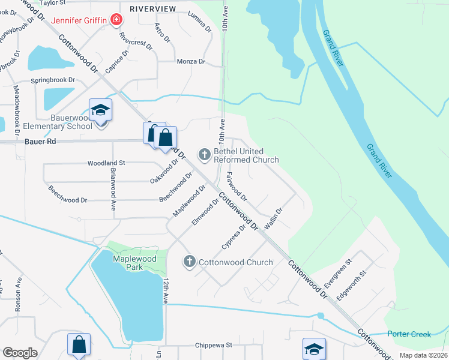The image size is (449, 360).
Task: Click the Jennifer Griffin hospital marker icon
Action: [116, 20]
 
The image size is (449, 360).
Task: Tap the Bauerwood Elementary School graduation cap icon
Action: [100, 110]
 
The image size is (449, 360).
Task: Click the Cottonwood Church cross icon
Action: [190, 262]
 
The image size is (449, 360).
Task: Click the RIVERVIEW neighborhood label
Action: [153, 8]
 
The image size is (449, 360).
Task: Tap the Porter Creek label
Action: [409, 334]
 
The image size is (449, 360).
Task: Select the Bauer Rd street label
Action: [41, 142]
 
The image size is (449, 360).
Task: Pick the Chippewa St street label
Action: [213, 346]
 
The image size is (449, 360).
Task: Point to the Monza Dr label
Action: [191, 62]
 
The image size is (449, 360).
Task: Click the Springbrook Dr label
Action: [53, 79]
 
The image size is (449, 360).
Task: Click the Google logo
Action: [19, 353]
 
